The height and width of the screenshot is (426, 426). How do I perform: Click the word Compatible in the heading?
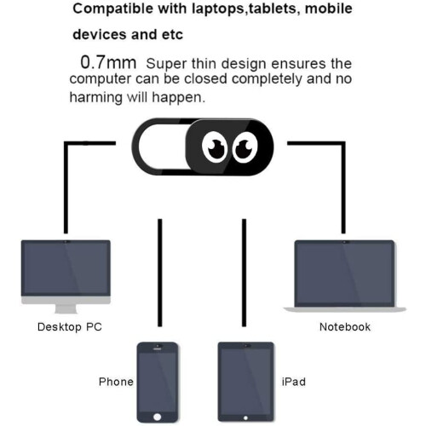pos(113,9)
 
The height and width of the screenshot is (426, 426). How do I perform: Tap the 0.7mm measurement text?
pos(108,62)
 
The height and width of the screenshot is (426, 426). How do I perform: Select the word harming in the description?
pos(95,98)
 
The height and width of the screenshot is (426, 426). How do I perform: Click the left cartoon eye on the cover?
pos(215,147)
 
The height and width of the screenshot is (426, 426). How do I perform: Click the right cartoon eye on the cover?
pos(245,147)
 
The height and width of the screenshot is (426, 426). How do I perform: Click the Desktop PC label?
pos(70,327)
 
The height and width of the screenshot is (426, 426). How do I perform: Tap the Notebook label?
pos(345,327)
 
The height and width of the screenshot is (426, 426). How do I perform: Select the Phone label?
pos(116,382)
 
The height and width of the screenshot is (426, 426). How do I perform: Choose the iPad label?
pos(294,382)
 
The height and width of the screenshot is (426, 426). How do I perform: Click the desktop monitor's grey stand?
pos(66,308)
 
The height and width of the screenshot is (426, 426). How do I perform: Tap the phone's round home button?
pos(158,417)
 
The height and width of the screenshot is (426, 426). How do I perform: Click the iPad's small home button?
pos(245,417)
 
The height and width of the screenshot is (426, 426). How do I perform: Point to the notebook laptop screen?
pos(344,273)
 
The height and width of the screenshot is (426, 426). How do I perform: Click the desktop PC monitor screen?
pos(66,268)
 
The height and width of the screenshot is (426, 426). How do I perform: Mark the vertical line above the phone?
pos(160,273)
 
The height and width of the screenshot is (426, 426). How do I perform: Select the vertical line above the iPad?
pos(244,273)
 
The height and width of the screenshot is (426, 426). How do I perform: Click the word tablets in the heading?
pos(272,9)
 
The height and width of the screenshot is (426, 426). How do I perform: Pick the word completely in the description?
pos(267,79)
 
